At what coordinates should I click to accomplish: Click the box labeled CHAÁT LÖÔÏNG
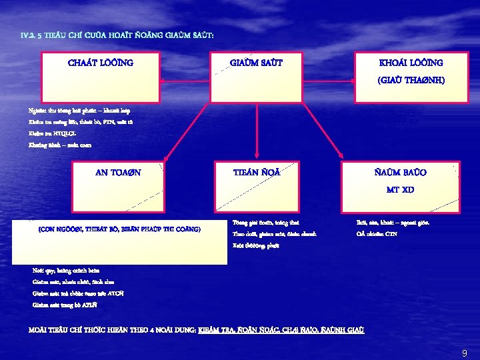[x=101, y=63]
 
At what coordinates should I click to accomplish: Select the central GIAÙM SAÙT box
[x=256, y=63]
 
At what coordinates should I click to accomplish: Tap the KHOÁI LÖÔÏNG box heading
[x=411, y=63]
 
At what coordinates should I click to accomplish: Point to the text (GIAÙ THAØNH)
[x=411, y=80]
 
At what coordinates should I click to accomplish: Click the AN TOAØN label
[x=119, y=172]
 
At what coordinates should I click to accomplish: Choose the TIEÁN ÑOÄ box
[x=256, y=172]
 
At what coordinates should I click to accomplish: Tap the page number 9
[x=464, y=353]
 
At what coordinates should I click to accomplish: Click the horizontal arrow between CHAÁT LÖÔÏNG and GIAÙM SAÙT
[x=193, y=81]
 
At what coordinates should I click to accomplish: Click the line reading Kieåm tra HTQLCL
[x=53, y=133]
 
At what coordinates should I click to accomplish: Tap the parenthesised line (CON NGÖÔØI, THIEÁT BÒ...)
[x=119, y=229]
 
